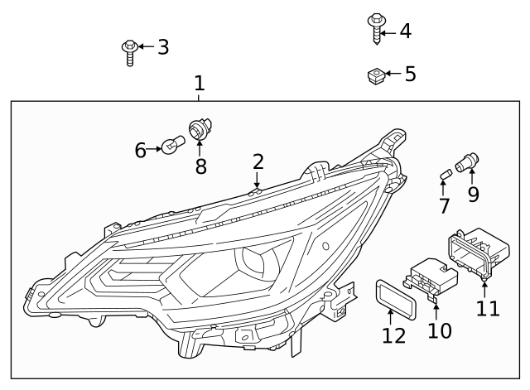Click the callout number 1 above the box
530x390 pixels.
tap(199, 84)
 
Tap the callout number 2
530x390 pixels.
tap(258, 161)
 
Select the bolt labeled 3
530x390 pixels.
tap(129, 51)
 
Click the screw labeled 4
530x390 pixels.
tap(374, 27)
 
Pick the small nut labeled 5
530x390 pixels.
tap(373, 76)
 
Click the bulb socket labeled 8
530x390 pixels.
tap(198, 130)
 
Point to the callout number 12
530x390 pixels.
tap(394, 335)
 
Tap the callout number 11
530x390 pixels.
tap(488, 309)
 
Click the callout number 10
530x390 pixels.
tap(439, 330)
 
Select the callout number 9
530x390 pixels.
tap(473, 195)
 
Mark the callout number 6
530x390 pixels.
tap(141, 150)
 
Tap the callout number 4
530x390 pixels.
tap(404, 31)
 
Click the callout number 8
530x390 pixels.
tap(200, 166)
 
